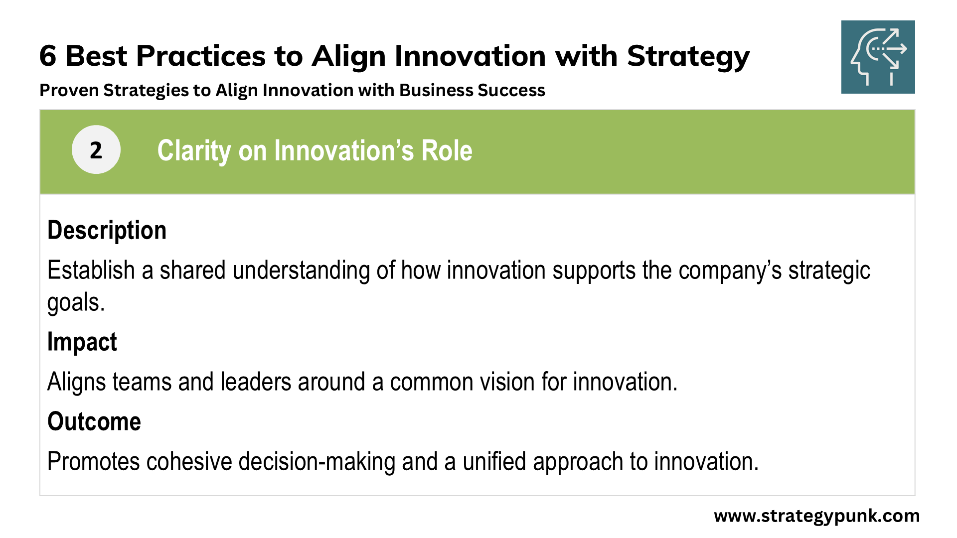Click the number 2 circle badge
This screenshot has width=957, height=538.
click(x=96, y=149)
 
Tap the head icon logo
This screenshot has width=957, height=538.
click(x=878, y=57)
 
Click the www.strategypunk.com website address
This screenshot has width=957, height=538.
click(x=816, y=516)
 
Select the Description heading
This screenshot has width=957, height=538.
click(x=107, y=230)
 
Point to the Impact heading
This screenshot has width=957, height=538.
click(x=82, y=342)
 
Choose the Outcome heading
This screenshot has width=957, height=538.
click(x=94, y=421)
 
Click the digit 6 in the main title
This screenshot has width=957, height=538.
click(x=48, y=56)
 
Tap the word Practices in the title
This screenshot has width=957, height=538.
click(x=201, y=56)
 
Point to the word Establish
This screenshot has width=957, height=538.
click(x=91, y=270)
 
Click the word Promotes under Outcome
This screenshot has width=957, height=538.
click(x=93, y=461)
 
